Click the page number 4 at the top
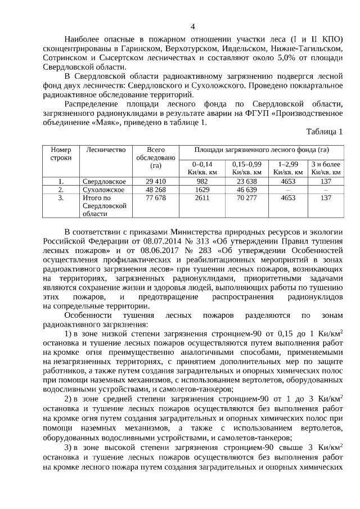pos(193,26)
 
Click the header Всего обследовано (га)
pos(156,157)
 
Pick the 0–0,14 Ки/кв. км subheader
pos(202,168)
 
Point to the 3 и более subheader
pos(326,168)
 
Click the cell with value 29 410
pos(156,182)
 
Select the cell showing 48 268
pos(156,190)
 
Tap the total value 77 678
pos(156,198)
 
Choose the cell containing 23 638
pos(247,182)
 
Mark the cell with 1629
pos(202,190)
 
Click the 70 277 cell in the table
pos(247,198)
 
